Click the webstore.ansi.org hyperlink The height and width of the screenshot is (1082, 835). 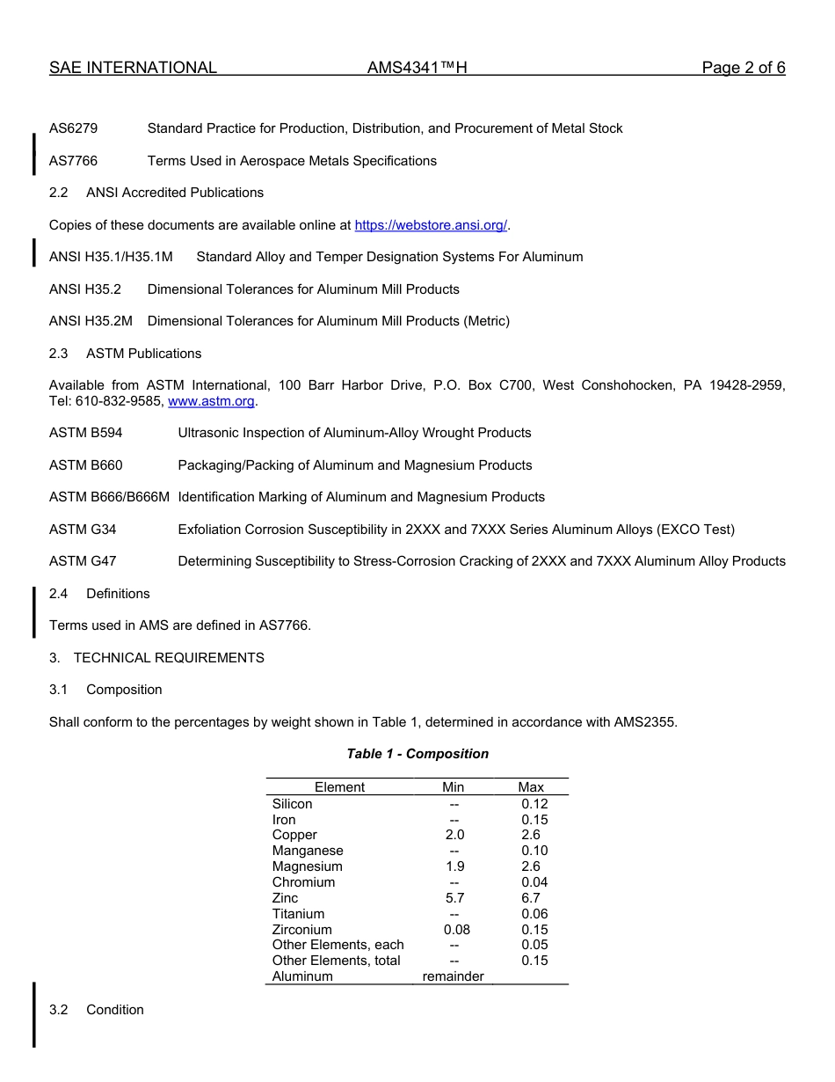(431, 225)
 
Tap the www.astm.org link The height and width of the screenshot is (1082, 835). (211, 401)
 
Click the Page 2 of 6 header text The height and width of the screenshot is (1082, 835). (743, 68)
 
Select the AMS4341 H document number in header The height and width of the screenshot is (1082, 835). (417, 68)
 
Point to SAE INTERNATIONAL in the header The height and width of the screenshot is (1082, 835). (133, 68)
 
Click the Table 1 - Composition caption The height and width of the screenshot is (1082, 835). (417, 754)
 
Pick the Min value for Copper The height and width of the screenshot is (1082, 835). (454, 835)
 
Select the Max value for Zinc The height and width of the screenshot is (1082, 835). (531, 898)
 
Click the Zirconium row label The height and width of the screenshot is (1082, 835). (302, 930)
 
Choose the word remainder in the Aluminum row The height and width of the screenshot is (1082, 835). (453, 976)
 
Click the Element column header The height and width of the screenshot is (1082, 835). (339, 787)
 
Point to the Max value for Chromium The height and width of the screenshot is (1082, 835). (534, 882)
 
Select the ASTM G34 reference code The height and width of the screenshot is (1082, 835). (83, 530)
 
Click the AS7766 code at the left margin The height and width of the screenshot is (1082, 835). (73, 161)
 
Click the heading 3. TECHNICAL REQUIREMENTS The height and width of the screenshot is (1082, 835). (156, 658)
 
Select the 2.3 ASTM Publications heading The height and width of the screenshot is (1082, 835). (125, 354)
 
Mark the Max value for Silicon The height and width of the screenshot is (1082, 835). (534, 804)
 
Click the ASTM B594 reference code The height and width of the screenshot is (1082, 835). (86, 433)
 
